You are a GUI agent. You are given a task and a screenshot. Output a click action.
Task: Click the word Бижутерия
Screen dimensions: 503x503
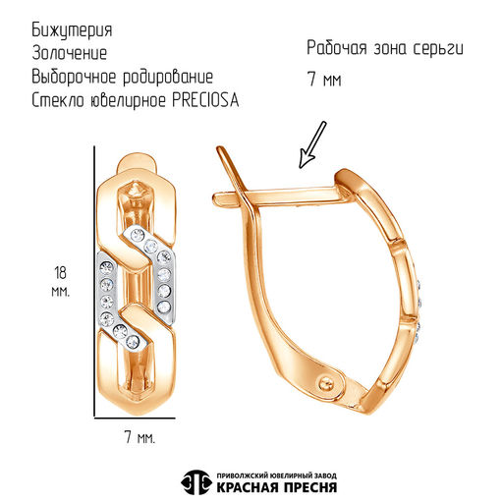point(72,30)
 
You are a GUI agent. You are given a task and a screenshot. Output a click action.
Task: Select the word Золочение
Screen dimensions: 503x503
point(70,53)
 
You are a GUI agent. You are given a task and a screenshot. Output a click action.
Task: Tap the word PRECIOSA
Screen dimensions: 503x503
point(205,100)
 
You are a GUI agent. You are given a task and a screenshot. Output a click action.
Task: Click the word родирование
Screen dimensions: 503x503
point(168,78)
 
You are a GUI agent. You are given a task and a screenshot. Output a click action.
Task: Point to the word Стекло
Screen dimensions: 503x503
point(58,100)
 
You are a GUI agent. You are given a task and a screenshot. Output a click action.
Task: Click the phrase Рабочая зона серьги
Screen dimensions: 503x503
point(385,48)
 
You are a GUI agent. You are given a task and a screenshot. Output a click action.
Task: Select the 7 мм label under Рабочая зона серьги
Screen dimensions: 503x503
point(324,80)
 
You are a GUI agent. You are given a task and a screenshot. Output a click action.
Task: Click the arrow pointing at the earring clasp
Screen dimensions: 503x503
point(312,144)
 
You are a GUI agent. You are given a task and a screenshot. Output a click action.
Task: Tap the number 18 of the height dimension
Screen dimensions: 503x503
point(61,272)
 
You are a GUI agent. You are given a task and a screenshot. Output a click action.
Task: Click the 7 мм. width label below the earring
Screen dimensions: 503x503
point(140,437)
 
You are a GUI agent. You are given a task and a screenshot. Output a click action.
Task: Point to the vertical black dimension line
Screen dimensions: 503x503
point(94,282)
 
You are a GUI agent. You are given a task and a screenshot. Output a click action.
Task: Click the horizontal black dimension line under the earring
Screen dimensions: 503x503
point(135,418)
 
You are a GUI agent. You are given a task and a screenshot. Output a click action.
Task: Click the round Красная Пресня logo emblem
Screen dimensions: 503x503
point(196,482)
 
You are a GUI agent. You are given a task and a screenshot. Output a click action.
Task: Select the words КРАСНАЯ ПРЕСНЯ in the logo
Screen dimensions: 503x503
point(277,487)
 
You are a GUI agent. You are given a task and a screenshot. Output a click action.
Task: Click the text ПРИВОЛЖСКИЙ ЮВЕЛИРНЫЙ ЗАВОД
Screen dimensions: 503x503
point(277,475)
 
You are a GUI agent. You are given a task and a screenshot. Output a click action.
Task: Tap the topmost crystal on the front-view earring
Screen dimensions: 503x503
point(138,234)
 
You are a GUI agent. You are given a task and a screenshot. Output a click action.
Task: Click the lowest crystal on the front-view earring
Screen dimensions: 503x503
point(133,342)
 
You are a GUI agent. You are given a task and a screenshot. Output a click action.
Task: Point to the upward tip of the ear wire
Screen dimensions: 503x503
point(220,149)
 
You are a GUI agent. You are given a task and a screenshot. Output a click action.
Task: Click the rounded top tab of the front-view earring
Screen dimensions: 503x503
point(136,161)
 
